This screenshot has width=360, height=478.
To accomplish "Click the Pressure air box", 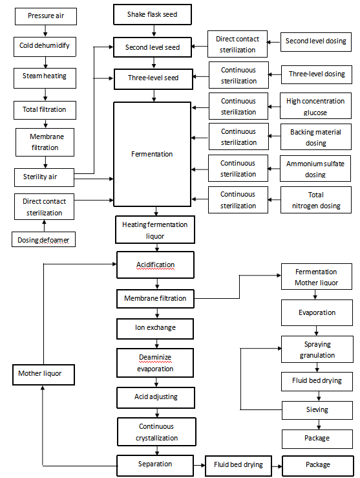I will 45,16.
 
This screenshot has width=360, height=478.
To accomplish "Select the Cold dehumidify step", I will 45,46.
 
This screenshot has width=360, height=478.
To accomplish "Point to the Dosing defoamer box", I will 44,241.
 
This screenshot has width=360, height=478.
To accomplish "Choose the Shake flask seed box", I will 153,14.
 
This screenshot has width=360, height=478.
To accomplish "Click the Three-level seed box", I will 153,78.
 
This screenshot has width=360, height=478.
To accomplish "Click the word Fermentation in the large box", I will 153,155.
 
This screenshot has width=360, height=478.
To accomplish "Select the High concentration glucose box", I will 315,107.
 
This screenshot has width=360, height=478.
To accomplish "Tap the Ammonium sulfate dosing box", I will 315,169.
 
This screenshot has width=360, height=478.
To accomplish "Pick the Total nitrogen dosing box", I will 315,201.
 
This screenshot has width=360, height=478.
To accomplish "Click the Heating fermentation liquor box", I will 155,230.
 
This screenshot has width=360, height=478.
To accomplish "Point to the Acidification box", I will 155,265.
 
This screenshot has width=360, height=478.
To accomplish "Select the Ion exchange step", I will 155,328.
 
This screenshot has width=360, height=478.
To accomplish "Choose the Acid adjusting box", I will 155,397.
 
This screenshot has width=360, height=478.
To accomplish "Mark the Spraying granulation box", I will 317,350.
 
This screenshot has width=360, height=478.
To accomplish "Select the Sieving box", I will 317,409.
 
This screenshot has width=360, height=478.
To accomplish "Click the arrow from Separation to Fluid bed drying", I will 199,465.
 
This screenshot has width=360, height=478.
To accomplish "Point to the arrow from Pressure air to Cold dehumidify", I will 45,30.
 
